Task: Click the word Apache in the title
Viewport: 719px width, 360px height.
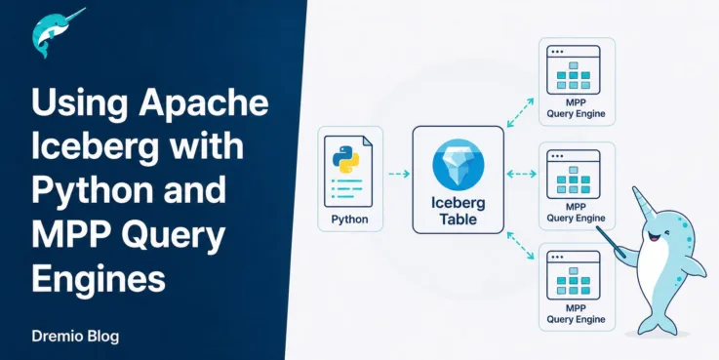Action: [x=204, y=105]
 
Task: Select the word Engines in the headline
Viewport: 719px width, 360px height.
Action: [x=99, y=278]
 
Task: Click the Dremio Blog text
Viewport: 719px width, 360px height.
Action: [x=76, y=337]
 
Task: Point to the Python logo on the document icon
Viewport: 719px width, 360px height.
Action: [x=345, y=160]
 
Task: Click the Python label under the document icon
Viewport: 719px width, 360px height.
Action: [x=349, y=220]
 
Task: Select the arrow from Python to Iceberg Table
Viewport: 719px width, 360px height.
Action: [x=398, y=174]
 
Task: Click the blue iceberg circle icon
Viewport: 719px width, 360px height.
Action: [x=459, y=164]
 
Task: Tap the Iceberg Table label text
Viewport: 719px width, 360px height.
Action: [x=459, y=211]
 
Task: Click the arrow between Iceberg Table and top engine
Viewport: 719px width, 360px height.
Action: [x=520, y=113]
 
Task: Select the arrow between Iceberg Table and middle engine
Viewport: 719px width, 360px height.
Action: [x=521, y=174]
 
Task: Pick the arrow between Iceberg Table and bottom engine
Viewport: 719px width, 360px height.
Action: [x=520, y=246]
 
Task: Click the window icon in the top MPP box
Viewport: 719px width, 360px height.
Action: [x=574, y=69]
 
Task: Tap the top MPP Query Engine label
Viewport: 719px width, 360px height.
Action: [x=576, y=108]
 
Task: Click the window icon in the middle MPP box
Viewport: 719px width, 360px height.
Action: [x=574, y=175]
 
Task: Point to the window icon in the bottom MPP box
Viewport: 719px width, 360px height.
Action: [x=574, y=275]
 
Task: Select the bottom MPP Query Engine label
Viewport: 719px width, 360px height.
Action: [x=576, y=314]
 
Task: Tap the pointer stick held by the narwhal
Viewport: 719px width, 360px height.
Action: [x=611, y=241]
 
